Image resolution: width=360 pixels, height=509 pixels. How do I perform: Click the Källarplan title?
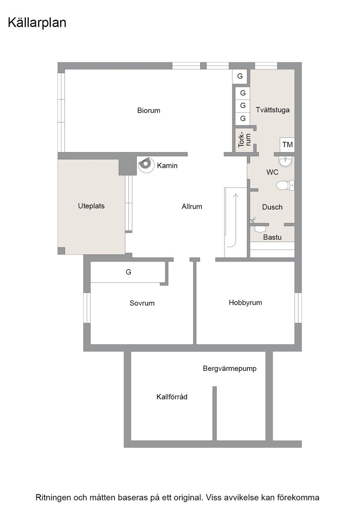37,23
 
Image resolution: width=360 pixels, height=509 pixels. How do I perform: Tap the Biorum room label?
149,110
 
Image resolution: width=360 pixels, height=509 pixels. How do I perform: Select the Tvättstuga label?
272,110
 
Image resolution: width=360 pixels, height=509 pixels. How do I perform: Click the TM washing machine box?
287,145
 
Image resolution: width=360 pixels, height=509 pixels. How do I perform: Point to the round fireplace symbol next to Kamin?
146,165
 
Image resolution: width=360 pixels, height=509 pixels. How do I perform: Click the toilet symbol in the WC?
285,185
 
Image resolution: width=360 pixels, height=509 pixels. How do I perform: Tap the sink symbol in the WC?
285,161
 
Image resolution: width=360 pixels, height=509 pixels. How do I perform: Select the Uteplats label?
91,206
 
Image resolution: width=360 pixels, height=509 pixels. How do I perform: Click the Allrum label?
192,206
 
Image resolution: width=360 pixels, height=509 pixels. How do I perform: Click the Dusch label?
272,207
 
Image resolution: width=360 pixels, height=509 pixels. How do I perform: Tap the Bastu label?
272,237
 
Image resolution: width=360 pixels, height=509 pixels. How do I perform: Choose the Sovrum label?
142,303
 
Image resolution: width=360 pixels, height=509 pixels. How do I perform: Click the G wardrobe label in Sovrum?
129,272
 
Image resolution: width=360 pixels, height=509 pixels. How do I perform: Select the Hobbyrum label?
245,303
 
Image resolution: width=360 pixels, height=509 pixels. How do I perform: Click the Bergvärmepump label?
230,369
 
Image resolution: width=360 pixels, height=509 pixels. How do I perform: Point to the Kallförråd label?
172,397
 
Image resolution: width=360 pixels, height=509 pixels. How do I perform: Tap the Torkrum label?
245,140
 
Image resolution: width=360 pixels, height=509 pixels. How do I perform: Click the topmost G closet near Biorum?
240,76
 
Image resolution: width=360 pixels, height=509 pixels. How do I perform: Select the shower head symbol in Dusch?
253,220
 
